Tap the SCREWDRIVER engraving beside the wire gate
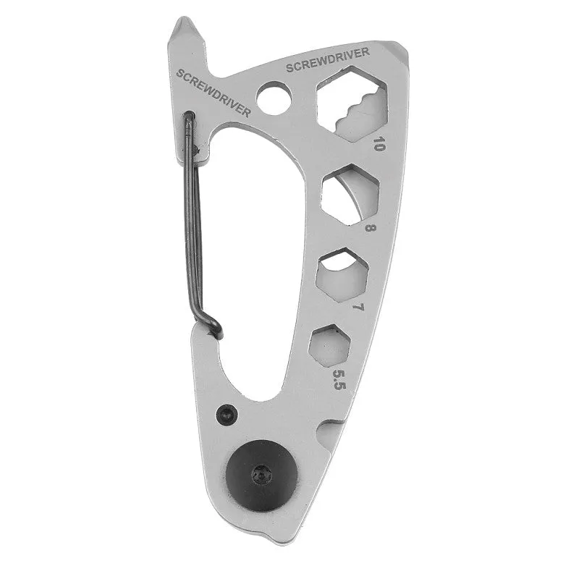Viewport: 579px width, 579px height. [x=213, y=93]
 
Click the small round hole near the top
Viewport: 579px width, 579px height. [x=274, y=98]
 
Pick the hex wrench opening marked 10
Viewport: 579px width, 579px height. [x=352, y=104]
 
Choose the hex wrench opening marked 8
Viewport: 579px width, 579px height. [x=351, y=194]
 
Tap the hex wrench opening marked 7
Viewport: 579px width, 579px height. [x=342, y=275]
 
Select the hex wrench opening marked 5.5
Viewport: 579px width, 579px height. [x=330, y=346]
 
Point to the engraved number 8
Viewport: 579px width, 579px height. [x=370, y=227]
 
